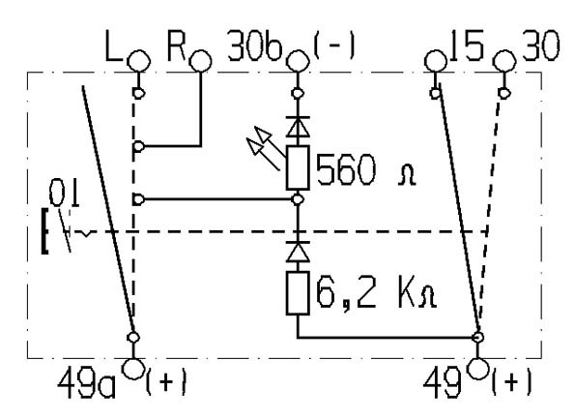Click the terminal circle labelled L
pyautogui.click(x=139, y=61)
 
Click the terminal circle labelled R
pyautogui.click(x=201, y=61)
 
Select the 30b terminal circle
pyautogui.click(x=298, y=61)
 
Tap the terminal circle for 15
pyautogui.click(x=436, y=61)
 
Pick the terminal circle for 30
pyautogui.click(x=504, y=61)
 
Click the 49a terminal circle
pyautogui.click(x=133, y=369)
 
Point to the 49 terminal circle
pyautogui.click(x=477, y=369)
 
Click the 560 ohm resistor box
pyautogui.click(x=298, y=167)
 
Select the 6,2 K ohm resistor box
pyautogui.click(x=298, y=293)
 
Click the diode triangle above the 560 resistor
pyautogui.click(x=298, y=128)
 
